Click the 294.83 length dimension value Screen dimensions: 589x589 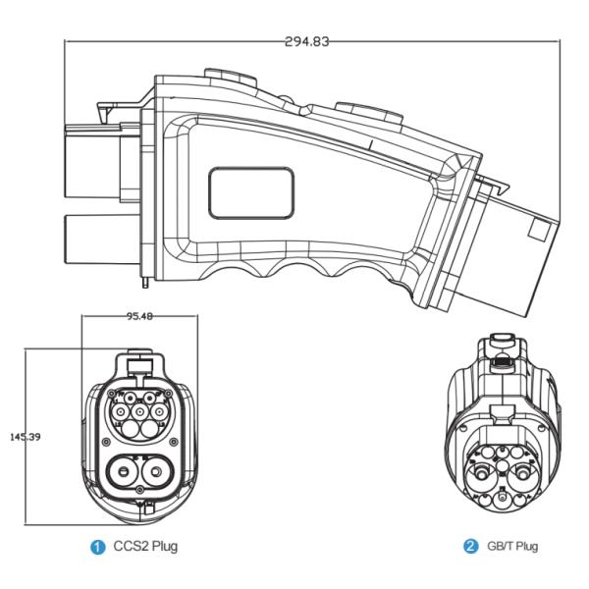pos(306,42)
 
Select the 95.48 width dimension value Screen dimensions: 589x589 pos(141,317)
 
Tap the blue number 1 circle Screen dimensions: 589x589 pos(99,546)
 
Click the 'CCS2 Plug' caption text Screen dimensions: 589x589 pos(146,546)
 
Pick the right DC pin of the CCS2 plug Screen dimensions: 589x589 pos(157,472)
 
